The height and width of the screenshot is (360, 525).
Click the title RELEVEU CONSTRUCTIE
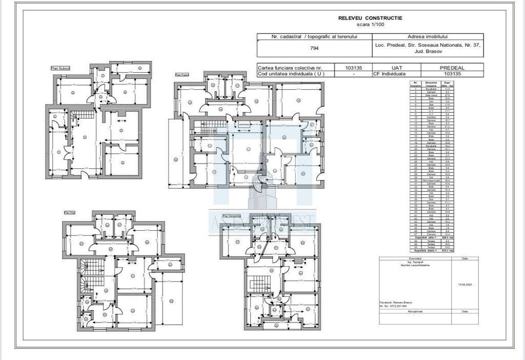(x=370, y=18)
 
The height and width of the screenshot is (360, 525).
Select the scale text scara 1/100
(x=370, y=24)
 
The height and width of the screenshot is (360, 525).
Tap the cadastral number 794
(x=314, y=48)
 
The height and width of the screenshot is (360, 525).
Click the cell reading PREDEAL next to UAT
(x=452, y=67)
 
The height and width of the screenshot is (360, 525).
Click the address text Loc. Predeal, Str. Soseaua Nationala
(x=428, y=45)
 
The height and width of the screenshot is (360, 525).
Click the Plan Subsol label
(x=60, y=68)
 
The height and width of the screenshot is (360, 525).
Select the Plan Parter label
(x=183, y=74)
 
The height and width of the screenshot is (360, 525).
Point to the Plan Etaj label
(x=70, y=212)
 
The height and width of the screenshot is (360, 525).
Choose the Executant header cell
(x=414, y=258)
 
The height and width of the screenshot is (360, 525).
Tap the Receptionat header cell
(x=414, y=311)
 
